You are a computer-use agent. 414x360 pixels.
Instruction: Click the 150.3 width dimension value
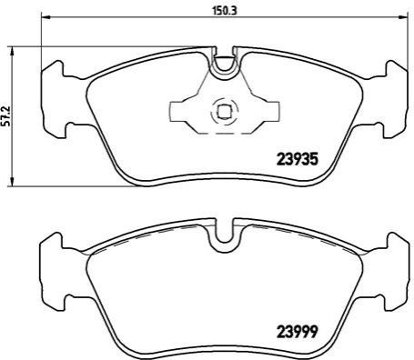coord(224,11)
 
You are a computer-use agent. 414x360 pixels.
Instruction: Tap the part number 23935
coord(298,160)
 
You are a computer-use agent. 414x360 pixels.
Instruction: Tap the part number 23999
coord(298,331)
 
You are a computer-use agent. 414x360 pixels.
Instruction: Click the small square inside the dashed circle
coord(225,111)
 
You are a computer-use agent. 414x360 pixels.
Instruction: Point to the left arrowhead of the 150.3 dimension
coord(45,17)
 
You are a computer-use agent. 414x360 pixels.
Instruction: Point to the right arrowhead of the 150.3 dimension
coord(404,17)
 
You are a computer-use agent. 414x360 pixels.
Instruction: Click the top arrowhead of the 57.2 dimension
coord(12,52)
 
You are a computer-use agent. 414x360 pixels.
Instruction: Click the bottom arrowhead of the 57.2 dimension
coord(12,181)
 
